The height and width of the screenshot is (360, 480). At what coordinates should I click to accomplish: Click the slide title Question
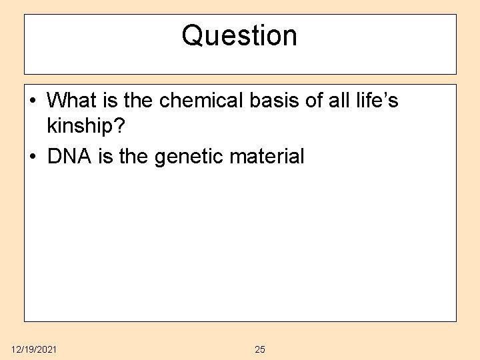click(239, 35)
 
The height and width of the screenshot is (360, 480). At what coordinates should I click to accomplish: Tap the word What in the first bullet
click(72, 100)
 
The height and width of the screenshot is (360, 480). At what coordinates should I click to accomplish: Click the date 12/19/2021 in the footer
click(34, 349)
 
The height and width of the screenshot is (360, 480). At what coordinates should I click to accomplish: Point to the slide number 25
click(260, 349)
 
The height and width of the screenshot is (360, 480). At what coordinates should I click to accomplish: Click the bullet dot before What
click(34, 101)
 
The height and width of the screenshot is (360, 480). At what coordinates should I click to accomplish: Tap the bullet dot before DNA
click(34, 157)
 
